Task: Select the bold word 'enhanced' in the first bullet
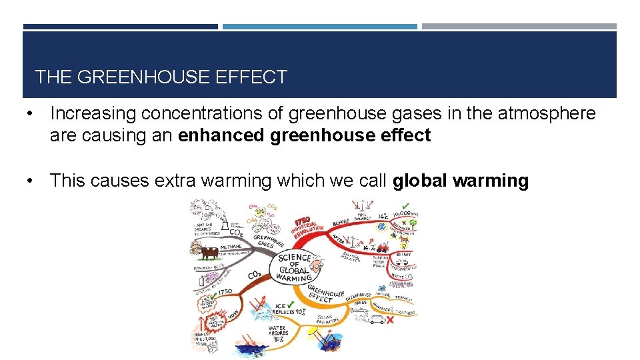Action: (x=223, y=135)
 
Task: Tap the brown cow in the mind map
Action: (x=208, y=254)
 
